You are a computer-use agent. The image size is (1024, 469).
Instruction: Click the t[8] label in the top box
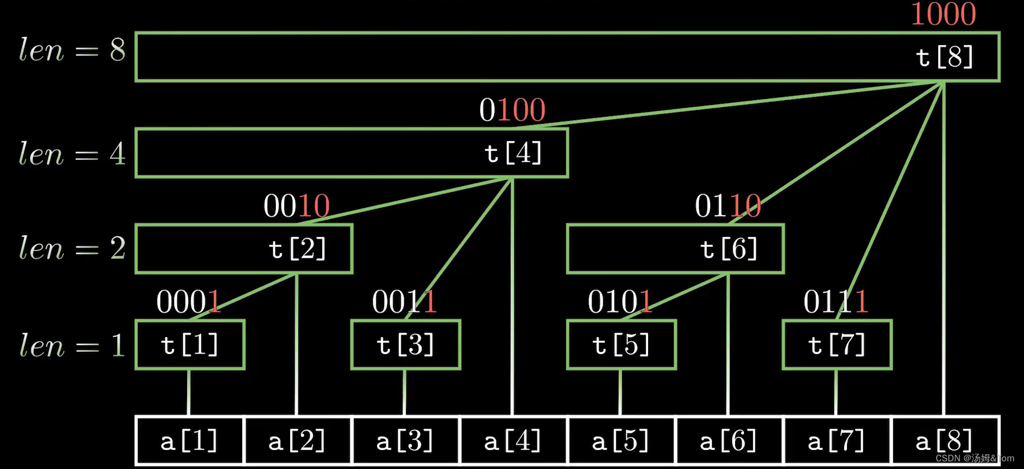944,57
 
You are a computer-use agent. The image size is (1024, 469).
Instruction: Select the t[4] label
513,153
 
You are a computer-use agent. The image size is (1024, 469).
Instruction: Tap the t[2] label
297,249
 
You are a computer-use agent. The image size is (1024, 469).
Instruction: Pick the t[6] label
729,249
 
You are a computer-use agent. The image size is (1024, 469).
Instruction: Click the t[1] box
190,345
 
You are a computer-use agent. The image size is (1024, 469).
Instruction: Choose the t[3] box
405,345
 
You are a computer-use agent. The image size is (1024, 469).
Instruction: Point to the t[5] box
621,345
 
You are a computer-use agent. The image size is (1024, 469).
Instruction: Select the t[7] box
837,345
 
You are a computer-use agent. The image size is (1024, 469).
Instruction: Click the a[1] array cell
189,441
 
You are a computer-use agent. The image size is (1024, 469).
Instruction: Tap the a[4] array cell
513,441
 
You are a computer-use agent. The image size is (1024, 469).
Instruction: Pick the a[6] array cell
729,441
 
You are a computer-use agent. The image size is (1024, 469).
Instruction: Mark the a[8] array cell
944,441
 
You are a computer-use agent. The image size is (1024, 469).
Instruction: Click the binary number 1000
943,14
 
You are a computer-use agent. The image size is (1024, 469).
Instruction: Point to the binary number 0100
512,110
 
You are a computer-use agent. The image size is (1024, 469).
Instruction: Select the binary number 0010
297,206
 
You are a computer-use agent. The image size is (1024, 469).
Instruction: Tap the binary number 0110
728,206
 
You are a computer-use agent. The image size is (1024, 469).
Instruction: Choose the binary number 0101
620,302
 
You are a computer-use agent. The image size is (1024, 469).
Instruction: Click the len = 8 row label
72,50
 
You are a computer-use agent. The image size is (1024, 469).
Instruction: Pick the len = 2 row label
72,248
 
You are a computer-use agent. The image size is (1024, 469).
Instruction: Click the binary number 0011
404,302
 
